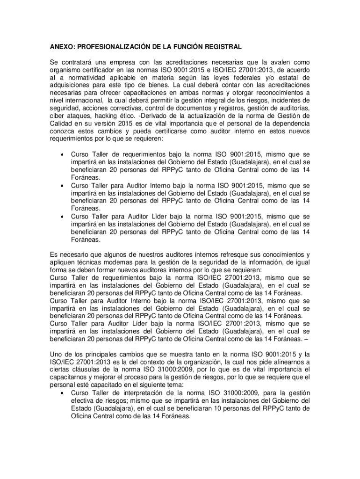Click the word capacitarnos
point(71,377)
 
